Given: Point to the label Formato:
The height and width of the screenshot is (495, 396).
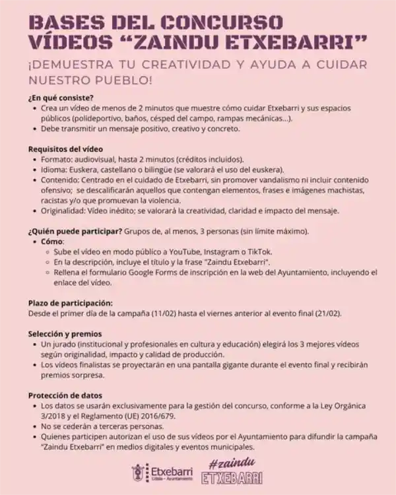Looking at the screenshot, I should pos(57,160).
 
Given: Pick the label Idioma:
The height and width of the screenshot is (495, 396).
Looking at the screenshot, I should pos(55,170).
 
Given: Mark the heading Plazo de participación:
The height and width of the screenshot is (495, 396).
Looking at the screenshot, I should pos(71,302).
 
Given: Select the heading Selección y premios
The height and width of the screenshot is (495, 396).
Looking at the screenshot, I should pos(65,333).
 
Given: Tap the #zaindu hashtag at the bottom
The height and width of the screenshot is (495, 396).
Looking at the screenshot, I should pos(232,460).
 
